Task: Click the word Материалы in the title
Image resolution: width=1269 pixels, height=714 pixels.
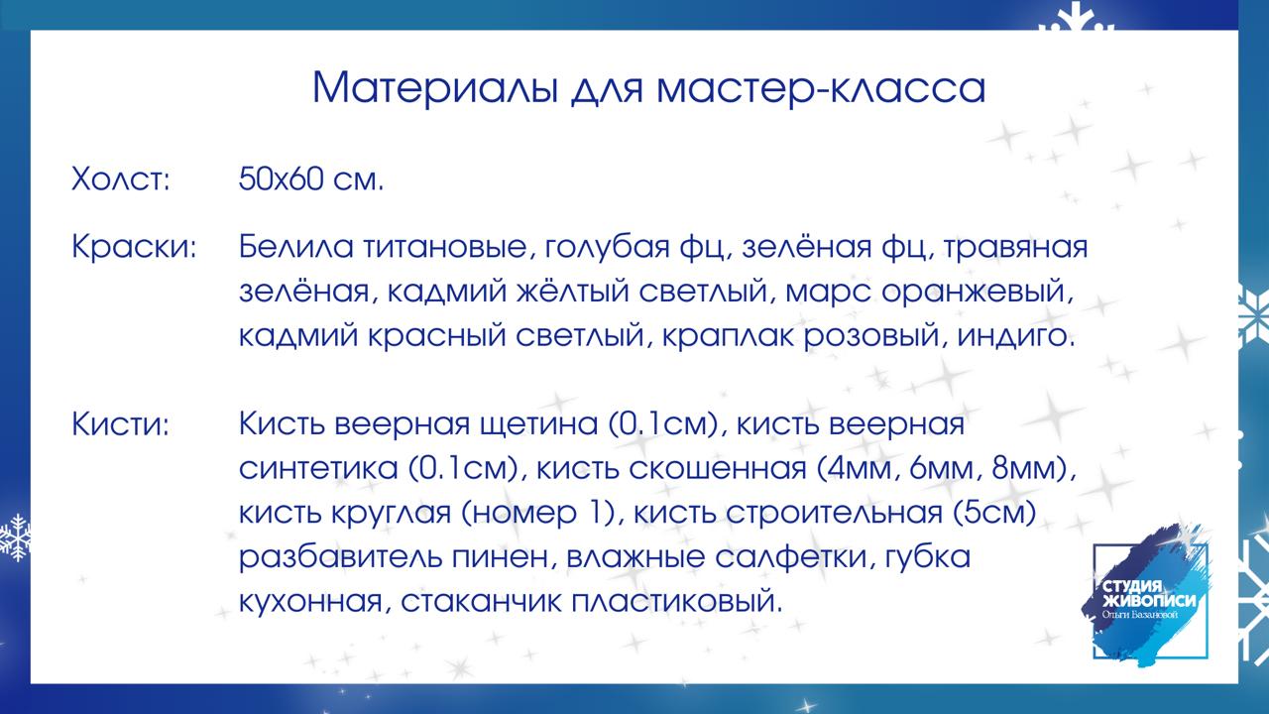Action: (x=435, y=88)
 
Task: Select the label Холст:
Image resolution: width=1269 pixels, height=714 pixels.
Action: (x=121, y=179)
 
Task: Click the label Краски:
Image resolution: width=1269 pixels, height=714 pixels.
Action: (x=134, y=247)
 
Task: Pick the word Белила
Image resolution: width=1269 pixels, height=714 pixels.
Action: (x=295, y=247)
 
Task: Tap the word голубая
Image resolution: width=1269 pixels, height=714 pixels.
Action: (x=608, y=248)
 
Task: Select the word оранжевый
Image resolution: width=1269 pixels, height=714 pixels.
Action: (x=978, y=293)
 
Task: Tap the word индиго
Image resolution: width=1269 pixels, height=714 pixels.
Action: (x=1016, y=336)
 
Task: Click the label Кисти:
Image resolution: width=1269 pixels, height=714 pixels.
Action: (x=121, y=424)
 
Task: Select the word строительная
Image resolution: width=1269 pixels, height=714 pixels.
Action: (x=834, y=514)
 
